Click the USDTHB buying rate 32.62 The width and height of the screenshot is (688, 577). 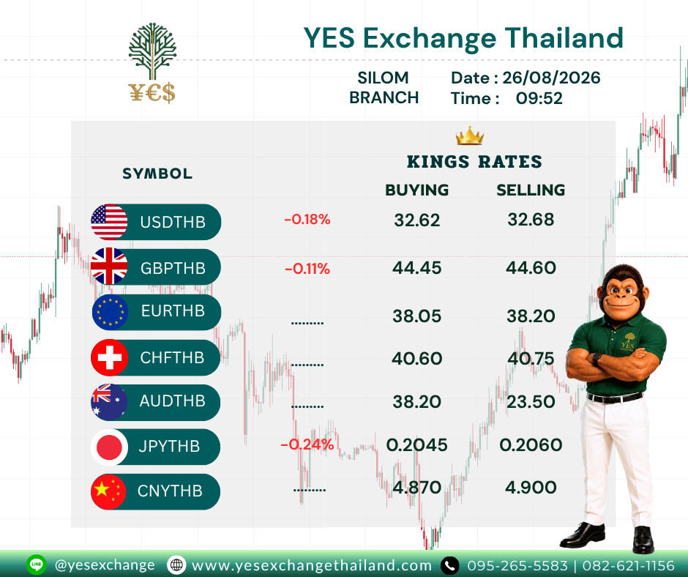[417, 220]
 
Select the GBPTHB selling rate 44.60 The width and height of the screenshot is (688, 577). [531, 268]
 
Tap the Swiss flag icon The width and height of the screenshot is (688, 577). [109, 357]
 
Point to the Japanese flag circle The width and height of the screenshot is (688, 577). [109, 447]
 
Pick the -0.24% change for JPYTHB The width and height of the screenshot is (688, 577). [307, 444]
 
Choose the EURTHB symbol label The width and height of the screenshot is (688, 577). [173, 311]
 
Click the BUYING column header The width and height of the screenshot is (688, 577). [417, 190]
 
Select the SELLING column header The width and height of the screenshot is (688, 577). [531, 190]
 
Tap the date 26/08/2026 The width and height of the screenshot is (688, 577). [551, 78]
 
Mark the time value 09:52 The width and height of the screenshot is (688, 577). [539, 98]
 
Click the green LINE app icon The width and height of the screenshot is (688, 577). [37, 565]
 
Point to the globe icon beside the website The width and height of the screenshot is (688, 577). [176, 565]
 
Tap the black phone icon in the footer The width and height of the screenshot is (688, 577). [449, 565]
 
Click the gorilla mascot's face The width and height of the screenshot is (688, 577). [621, 292]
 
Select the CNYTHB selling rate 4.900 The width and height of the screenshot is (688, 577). [531, 488]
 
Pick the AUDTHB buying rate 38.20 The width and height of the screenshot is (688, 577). [417, 402]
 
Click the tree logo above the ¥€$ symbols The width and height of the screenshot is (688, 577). [152, 51]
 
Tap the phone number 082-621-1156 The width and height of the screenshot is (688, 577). [628, 565]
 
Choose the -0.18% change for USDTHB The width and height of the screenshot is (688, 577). [307, 219]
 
